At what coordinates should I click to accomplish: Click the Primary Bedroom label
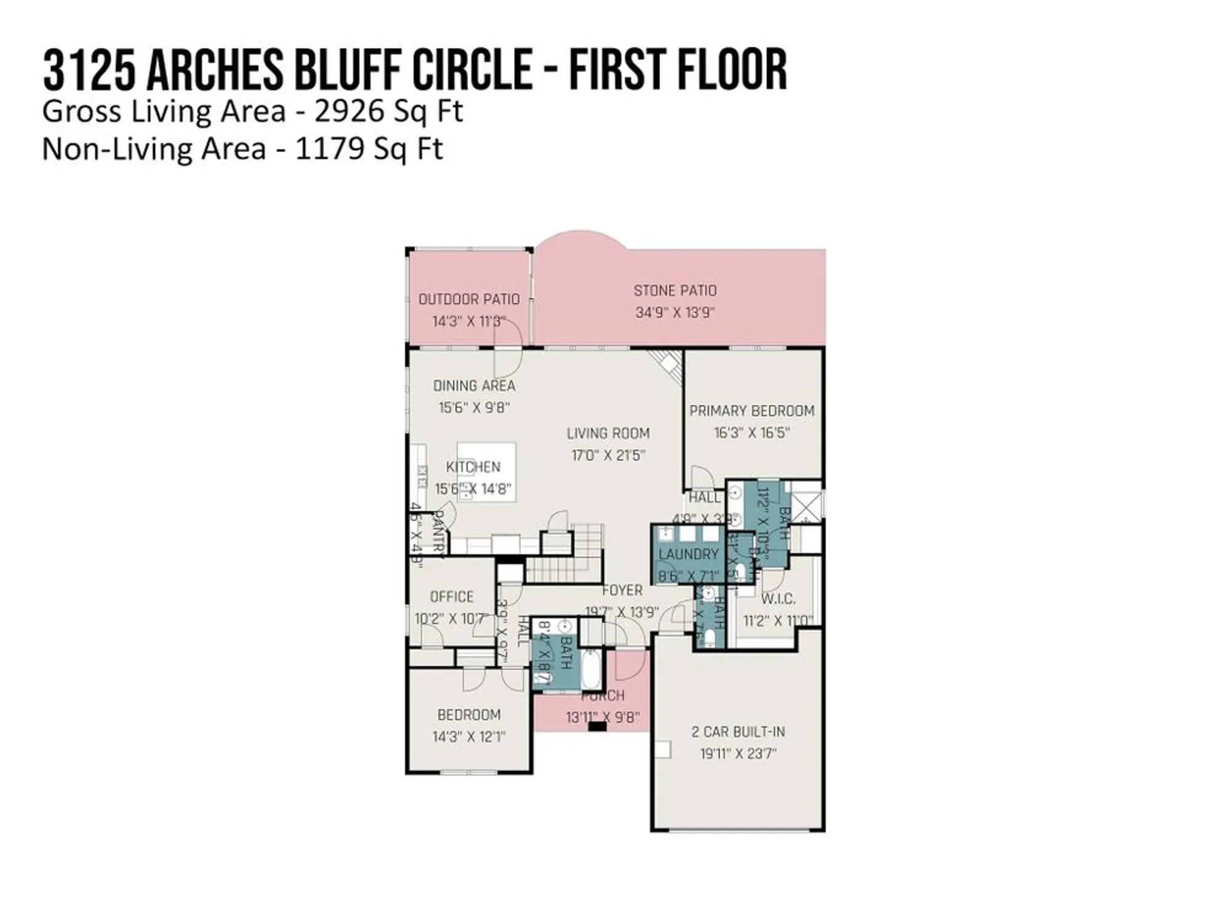pyautogui.click(x=752, y=410)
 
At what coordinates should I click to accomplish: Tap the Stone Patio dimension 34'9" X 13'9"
pyautogui.click(x=675, y=313)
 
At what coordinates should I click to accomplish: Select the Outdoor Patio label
pyautogui.click(x=469, y=299)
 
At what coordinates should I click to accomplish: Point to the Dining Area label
pyautogui.click(x=474, y=386)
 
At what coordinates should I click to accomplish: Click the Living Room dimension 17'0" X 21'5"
pyautogui.click(x=608, y=455)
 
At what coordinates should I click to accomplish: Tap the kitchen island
pyautogui.click(x=486, y=471)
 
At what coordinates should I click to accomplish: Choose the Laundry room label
pyautogui.click(x=688, y=554)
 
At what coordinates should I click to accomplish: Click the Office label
pyautogui.click(x=451, y=597)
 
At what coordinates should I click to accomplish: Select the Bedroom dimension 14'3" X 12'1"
pyautogui.click(x=469, y=737)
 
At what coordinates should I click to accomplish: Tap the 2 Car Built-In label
pyautogui.click(x=738, y=732)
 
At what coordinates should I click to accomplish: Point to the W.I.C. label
pyautogui.click(x=778, y=599)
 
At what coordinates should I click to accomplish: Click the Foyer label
pyautogui.click(x=622, y=590)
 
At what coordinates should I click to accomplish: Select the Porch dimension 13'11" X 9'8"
pyautogui.click(x=603, y=717)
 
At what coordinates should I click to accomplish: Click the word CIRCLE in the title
pyautogui.click(x=472, y=69)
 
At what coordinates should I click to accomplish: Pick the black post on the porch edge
pyautogui.click(x=597, y=726)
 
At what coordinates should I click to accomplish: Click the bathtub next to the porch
pyautogui.click(x=593, y=671)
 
